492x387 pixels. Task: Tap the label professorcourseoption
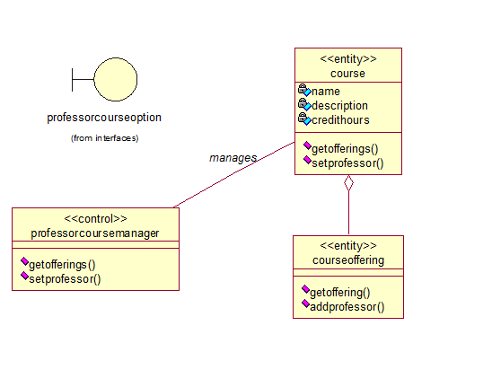[x=104, y=118]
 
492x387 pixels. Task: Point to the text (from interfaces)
[x=104, y=138]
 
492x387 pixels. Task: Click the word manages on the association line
[x=233, y=158]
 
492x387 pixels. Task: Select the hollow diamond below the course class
[x=348, y=182]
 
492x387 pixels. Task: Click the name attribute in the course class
[x=326, y=92]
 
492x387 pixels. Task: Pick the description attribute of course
[x=339, y=106]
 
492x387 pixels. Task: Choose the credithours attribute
[x=340, y=120]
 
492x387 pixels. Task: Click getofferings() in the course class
[x=345, y=149]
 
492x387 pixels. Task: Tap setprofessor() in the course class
[x=347, y=163]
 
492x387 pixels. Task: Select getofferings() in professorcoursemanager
[x=62, y=265]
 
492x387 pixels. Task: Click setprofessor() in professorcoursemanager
[x=65, y=279]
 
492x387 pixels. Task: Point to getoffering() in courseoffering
[x=340, y=293]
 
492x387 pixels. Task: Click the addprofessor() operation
[x=347, y=307]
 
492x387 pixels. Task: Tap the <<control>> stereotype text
[x=95, y=219]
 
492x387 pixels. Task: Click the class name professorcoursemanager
[x=95, y=233]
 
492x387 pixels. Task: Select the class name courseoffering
[x=348, y=260]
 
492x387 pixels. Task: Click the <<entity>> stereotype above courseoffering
[x=348, y=246]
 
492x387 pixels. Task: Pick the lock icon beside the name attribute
[x=303, y=89]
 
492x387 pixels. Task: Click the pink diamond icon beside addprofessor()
[x=305, y=303]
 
